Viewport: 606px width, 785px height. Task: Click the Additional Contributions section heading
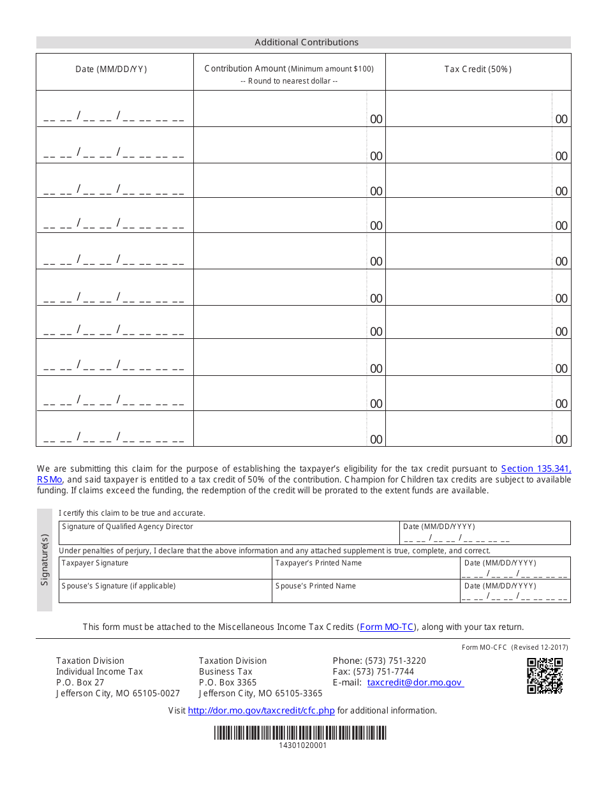[306, 42]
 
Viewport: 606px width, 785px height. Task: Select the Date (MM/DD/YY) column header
[111, 69]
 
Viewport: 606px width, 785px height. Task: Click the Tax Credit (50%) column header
[478, 69]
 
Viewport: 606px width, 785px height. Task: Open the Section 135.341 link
[536, 468]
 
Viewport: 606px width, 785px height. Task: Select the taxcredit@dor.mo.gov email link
[415, 682]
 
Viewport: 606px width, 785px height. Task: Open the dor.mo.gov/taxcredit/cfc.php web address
[261, 710]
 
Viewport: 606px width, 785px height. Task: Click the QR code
[545, 676]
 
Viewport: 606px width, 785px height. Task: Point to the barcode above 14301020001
[300, 733]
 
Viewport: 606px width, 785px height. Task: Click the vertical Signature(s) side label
[45, 560]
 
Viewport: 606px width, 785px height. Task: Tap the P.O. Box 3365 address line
[228, 682]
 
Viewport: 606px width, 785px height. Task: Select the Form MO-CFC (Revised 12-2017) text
[515, 647]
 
